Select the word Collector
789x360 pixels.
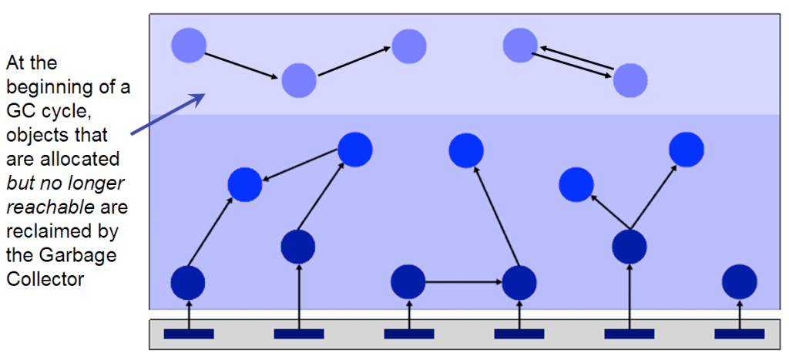[x=45, y=280]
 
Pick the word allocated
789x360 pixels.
[x=62, y=160]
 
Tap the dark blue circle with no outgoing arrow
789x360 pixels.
[x=740, y=281]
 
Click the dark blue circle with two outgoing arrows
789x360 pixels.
[x=630, y=247]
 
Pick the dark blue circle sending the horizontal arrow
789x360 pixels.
[x=408, y=281]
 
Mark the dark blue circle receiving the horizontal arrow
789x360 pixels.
[x=519, y=282]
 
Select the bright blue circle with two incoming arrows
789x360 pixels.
[x=246, y=185]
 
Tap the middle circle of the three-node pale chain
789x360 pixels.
[x=299, y=79]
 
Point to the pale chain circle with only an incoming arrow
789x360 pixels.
[x=409, y=46]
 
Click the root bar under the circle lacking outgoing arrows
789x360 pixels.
[x=740, y=334]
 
